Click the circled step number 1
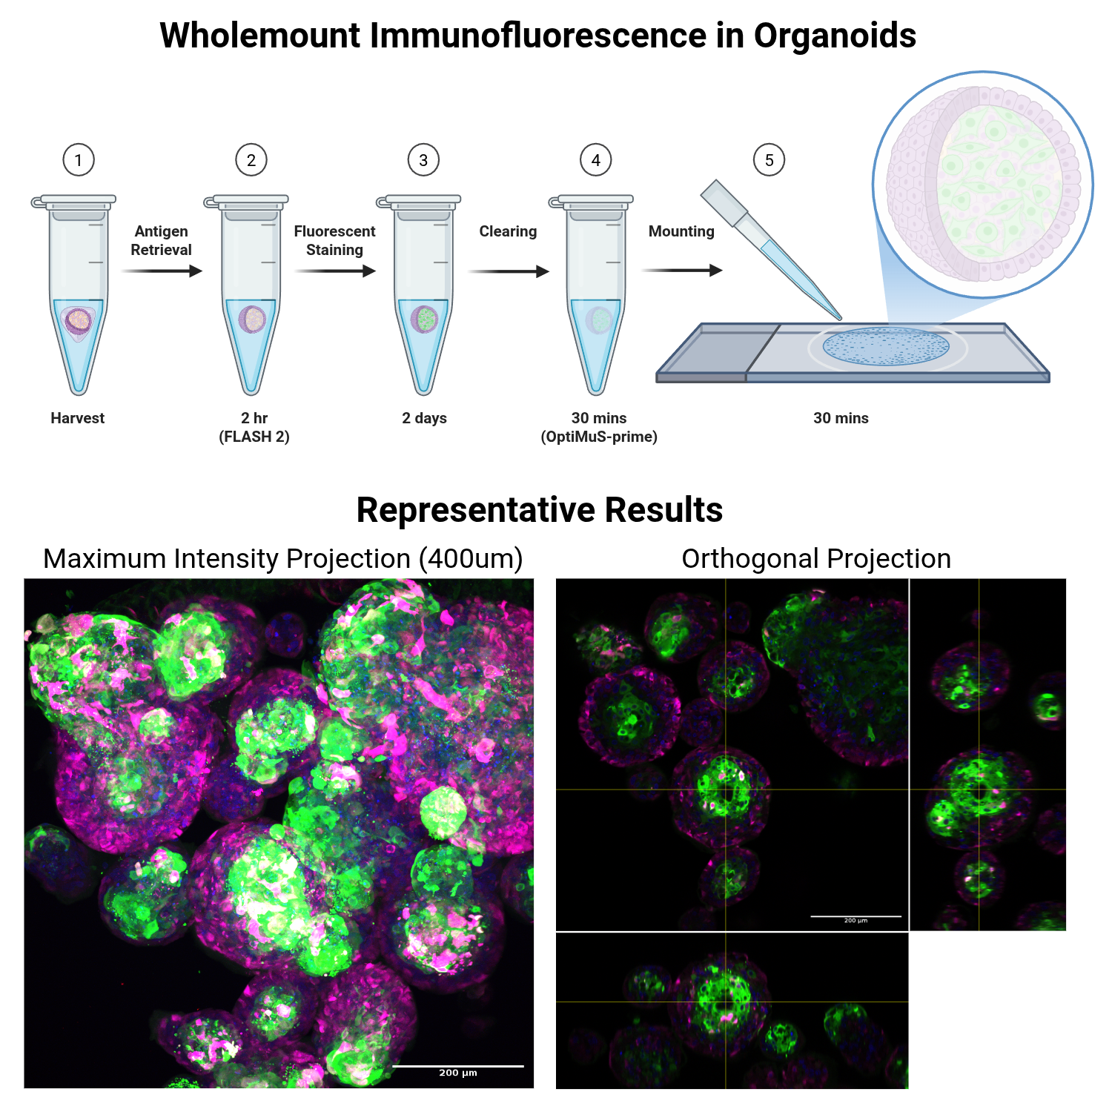pyautogui.click(x=79, y=160)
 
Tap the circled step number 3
pyautogui.click(x=423, y=160)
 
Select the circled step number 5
pyautogui.click(x=769, y=160)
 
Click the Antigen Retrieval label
pyautogui.click(x=161, y=240)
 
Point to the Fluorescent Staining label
pyautogui.click(x=334, y=240)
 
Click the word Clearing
pyautogui.click(x=508, y=231)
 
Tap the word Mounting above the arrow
pyautogui.click(x=681, y=231)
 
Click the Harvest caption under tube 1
pyautogui.click(x=78, y=418)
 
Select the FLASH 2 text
pyautogui.click(x=254, y=437)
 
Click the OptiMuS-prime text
pyautogui.click(x=599, y=437)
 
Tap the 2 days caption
pyautogui.click(x=424, y=418)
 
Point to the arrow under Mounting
pyautogui.click(x=681, y=271)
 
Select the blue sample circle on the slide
pyautogui.click(x=886, y=346)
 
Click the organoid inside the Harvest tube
pyautogui.click(x=78, y=321)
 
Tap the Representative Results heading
pyautogui.click(x=539, y=510)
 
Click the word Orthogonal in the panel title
pyautogui.click(x=749, y=559)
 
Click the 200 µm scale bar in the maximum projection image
pyautogui.click(x=457, y=1067)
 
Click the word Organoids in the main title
pyautogui.click(x=835, y=36)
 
